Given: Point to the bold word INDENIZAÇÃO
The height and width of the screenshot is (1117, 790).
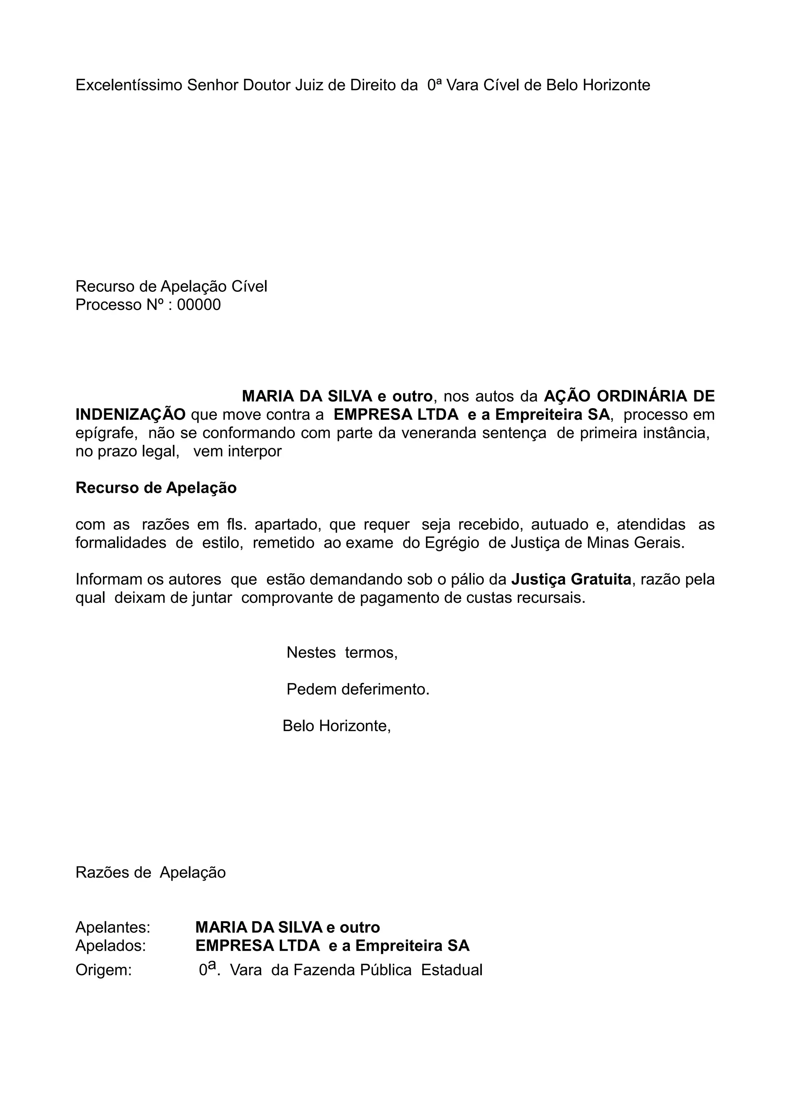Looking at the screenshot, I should pyautogui.click(x=130, y=415).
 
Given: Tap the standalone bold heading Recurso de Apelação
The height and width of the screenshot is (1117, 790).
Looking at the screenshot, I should pyautogui.click(x=156, y=488).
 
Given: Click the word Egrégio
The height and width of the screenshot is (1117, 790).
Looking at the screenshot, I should pyautogui.click(x=452, y=543).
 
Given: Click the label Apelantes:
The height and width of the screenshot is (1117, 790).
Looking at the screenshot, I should pyautogui.click(x=113, y=928).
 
